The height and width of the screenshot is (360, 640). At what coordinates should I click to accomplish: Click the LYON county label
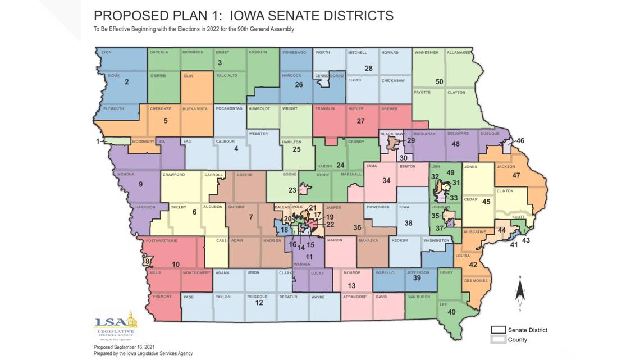pyautogui.click(x=107, y=53)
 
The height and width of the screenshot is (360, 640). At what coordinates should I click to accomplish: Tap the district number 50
pyautogui.click(x=439, y=82)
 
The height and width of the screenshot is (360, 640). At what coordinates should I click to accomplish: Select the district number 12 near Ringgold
pyautogui.click(x=259, y=303)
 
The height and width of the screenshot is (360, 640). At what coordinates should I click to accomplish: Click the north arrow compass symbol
pyautogui.click(x=520, y=292)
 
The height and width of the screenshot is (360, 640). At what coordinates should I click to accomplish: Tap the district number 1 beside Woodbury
pyautogui.click(x=98, y=141)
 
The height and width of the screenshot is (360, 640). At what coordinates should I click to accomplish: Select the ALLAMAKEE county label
pyautogui.click(x=459, y=53)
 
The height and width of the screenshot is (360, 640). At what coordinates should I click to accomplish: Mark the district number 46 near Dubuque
pyautogui.click(x=520, y=140)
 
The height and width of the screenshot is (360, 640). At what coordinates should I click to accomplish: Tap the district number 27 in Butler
pyautogui.click(x=361, y=121)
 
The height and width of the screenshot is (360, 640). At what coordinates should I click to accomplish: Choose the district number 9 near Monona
pyautogui.click(x=140, y=184)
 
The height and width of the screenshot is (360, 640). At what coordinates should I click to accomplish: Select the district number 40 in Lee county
pyautogui.click(x=451, y=312)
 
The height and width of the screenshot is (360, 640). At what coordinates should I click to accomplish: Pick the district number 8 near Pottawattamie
pyautogui.click(x=146, y=261)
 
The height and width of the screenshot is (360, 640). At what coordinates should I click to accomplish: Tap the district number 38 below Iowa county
pyautogui.click(x=409, y=223)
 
